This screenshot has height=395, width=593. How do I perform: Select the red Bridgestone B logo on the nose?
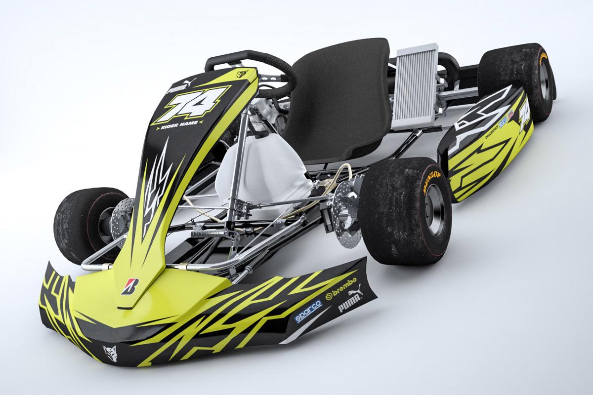click(x=130, y=286)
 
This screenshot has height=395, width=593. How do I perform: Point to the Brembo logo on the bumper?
click(x=342, y=298)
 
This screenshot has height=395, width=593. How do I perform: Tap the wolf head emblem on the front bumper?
click(x=109, y=352)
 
